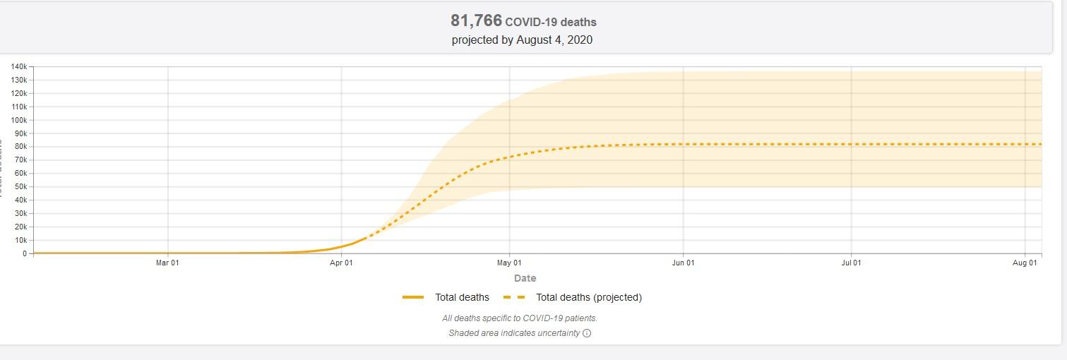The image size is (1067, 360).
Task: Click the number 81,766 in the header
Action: click(476, 20)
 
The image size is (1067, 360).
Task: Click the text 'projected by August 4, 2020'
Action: click(522, 40)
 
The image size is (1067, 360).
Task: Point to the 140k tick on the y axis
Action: click(18, 66)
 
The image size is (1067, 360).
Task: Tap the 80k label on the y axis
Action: click(20, 147)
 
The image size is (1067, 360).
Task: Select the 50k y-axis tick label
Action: click(20, 187)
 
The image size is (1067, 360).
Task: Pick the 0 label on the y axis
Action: click(25, 253)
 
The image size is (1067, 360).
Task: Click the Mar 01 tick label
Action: click(167, 263)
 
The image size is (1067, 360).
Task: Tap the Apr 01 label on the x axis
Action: click(341, 263)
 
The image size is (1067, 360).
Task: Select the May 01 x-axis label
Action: click(509, 263)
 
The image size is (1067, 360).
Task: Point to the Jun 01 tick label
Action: click(683, 263)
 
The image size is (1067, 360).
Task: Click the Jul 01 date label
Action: click(851, 263)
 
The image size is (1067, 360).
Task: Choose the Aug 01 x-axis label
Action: click(1025, 263)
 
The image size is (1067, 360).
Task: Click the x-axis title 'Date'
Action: click(525, 278)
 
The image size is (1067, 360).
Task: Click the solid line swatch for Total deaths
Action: click(413, 297)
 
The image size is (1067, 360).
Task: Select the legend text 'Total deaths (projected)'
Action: click(589, 297)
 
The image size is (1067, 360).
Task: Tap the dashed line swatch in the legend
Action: click(514, 297)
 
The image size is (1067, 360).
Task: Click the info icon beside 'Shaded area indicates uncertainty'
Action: click(587, 333)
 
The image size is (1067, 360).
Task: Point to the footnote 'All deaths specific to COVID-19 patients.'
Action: click(520, 318)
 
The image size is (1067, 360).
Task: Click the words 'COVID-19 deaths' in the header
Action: click(551, 22)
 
